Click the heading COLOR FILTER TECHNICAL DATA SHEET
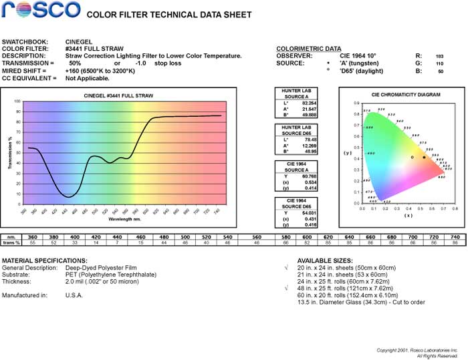pos(169,15)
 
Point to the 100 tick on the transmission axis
pos(17,102)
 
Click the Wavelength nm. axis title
pos(124,218)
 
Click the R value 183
pos(439,56)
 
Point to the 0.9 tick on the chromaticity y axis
pos(356,104)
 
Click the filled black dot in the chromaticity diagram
pos(424,157)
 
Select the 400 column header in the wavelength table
pos(75,237)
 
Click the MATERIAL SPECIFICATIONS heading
pos(45,260)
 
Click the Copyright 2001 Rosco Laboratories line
pos(417,350)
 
